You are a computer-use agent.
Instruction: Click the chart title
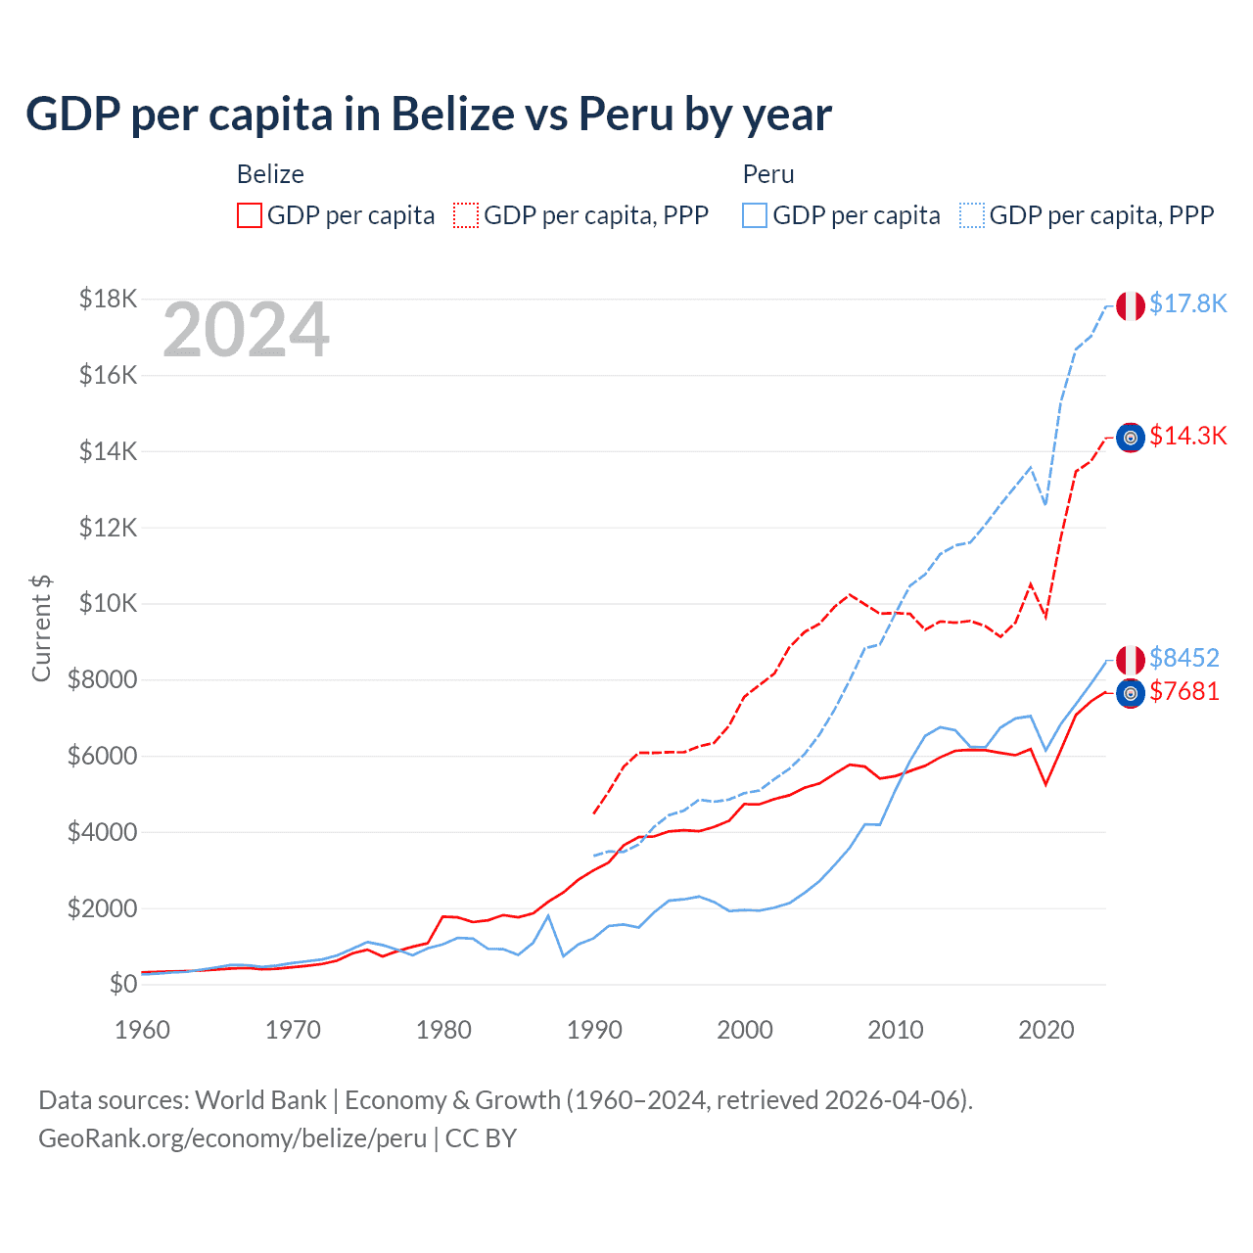tap(429, 115)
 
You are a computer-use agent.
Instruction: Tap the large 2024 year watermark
tap(246, 331)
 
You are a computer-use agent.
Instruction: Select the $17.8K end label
tap(1187, 303)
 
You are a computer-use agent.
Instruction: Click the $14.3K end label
tap(1187, 436)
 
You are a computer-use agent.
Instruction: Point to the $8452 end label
tap(1183, 658)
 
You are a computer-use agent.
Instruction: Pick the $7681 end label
tap(1183, 691)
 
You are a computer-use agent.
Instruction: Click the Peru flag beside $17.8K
tap(1131, 306)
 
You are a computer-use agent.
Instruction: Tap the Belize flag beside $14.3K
tap(1131, 438)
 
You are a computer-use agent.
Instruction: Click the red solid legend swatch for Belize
tap(250, 215)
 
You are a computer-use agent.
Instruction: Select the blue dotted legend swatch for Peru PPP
tap(972, 215)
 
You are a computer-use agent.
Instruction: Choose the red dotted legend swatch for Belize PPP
tap(467, 215)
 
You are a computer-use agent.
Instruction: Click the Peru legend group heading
tap(768, 174)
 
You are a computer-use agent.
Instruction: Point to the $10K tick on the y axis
tap(108, 603)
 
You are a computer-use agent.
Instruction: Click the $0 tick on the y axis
tap(122, 984)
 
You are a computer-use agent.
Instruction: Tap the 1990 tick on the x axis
tap(594, 1030)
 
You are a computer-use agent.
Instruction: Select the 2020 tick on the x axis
tap(1046, 1030)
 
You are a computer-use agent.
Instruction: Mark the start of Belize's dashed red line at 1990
tap(594, 812)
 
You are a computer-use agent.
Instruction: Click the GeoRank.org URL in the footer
tap(233, 1138)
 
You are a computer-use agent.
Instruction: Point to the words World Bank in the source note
tap(261, 1100)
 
